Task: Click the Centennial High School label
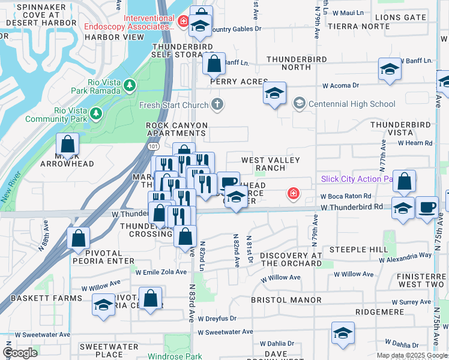[351, 104]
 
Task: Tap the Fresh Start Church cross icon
[217, 104]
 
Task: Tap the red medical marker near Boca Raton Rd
[293, 193]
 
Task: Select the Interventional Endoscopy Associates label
[149, 22]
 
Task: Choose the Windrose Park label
[175, 356]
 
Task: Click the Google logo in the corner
[20, 353]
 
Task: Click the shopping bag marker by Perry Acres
[214, 63]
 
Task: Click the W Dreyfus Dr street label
[217, 319]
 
